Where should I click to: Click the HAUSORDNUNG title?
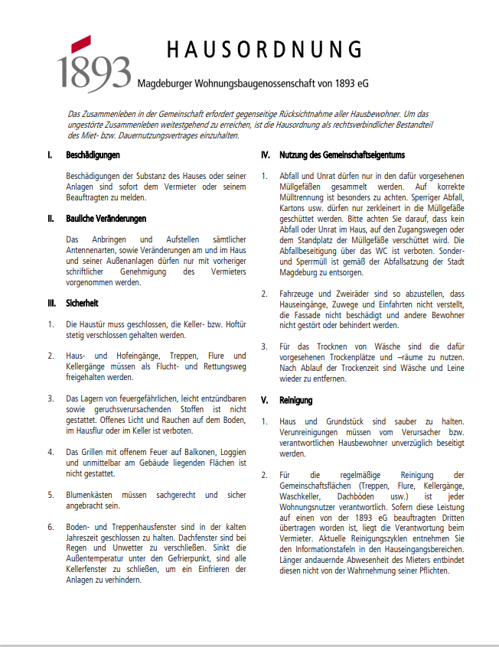point(265,51)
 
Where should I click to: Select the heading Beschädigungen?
point(93,155)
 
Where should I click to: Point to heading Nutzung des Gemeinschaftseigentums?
point(342,155)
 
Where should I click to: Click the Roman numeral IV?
point(266,155)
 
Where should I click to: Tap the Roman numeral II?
point(50,219)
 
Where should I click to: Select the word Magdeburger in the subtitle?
point(167,82)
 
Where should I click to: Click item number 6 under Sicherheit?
point(50,526)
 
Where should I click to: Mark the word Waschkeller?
point(303,496)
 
